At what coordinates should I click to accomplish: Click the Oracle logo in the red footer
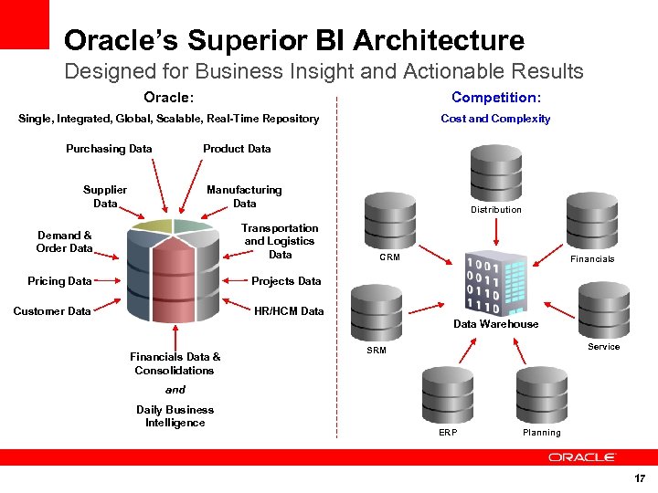581,456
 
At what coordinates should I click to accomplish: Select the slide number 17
640,478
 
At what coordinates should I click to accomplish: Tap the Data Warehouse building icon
495,282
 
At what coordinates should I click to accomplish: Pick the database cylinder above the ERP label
447,393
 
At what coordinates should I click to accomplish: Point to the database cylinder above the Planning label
542,393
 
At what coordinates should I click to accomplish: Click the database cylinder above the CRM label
389,220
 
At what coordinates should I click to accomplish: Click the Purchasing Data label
109,149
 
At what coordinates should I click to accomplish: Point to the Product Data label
237,149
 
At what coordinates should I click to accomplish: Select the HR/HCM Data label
289,311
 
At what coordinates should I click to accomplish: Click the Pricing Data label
59,281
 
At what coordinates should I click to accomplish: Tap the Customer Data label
52,311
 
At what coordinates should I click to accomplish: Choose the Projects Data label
286,281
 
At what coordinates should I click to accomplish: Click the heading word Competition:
495,98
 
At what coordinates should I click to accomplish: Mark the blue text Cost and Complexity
495,119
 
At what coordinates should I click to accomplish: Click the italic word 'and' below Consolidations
175,390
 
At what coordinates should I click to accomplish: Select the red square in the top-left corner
24,24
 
